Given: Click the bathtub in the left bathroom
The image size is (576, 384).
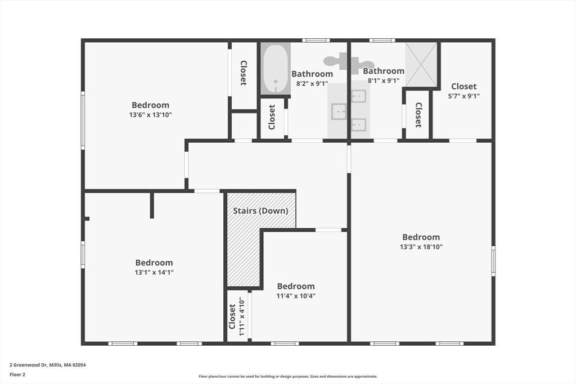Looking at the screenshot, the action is click(x=276, y=68).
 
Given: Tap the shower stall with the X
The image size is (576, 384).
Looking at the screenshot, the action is click(x=421, y=65).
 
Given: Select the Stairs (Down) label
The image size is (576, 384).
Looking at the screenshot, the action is click(x=260, y=211).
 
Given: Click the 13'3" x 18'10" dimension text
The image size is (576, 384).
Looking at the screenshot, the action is click(x=421, y=247).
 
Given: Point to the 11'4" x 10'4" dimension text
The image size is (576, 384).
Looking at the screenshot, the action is click(x=296, y=296).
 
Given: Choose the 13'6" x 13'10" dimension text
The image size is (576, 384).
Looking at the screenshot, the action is click(x=151, y=115).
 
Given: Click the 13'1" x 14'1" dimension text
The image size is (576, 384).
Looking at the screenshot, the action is click(x=154, y=272).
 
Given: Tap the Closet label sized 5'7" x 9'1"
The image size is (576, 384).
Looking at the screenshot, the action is click(x=463, y=86).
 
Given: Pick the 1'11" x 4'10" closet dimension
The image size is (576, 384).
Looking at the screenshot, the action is click(x=241, y=317).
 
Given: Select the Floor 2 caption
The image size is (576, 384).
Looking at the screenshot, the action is click(x=17, y=374).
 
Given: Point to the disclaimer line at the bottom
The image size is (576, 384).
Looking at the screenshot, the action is click(x=288, y=376).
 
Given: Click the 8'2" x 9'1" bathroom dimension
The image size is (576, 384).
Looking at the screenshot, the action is click(x=312, y=83).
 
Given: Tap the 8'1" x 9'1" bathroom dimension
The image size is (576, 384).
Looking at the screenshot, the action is click(x=384, y=80).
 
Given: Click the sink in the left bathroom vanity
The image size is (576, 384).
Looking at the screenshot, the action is click(x=339, y=112).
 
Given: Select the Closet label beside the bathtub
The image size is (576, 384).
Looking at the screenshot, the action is click(x=272, y=117).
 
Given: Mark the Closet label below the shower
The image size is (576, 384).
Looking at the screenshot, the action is click(x=418, y=115).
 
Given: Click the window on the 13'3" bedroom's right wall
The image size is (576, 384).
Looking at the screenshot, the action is click(x=493, y=261).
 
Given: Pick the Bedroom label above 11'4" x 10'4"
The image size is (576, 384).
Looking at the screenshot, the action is click(x=296, y=286).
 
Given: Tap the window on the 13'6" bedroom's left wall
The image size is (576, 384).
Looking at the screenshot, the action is click(x=83, y=120).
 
